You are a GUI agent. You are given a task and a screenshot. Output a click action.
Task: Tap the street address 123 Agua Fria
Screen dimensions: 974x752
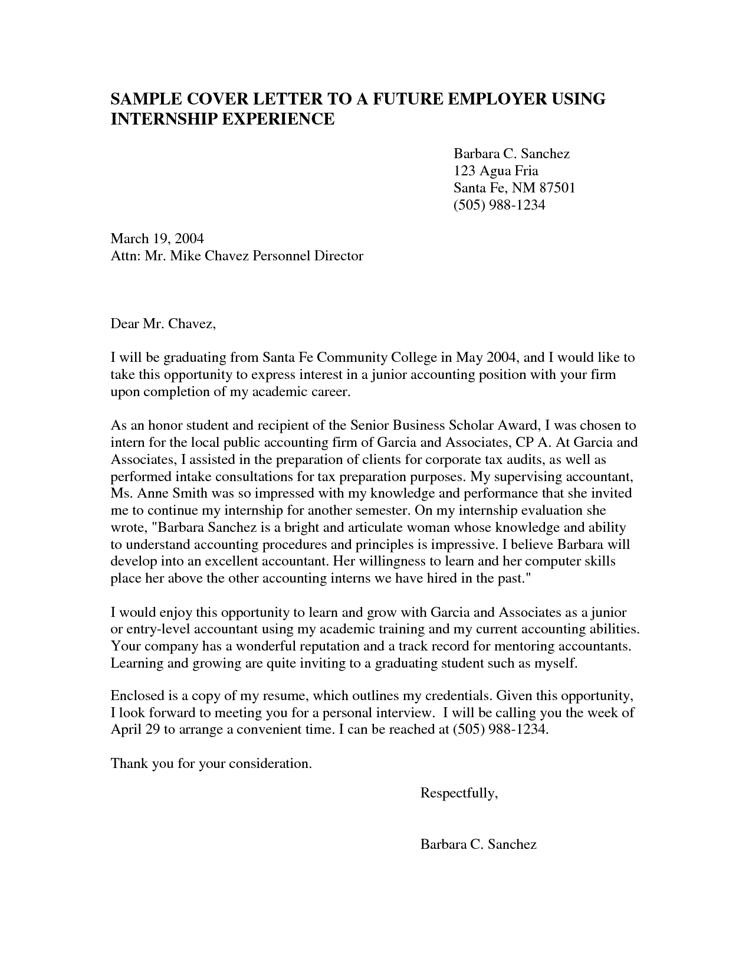(495, 171)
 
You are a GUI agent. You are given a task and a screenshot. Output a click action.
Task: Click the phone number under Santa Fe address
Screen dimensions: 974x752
(499, 205)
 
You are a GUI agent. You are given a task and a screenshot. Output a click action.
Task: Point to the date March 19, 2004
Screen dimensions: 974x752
(157, 238)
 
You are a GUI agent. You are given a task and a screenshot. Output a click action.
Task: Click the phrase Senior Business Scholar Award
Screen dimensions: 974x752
(443, 425)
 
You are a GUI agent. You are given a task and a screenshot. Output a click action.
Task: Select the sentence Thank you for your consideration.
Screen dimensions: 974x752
(211, 763)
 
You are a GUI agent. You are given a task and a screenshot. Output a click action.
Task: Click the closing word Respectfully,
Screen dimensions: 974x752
(459, 793)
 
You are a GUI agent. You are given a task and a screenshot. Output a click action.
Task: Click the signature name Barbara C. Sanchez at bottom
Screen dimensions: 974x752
(478, 844)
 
